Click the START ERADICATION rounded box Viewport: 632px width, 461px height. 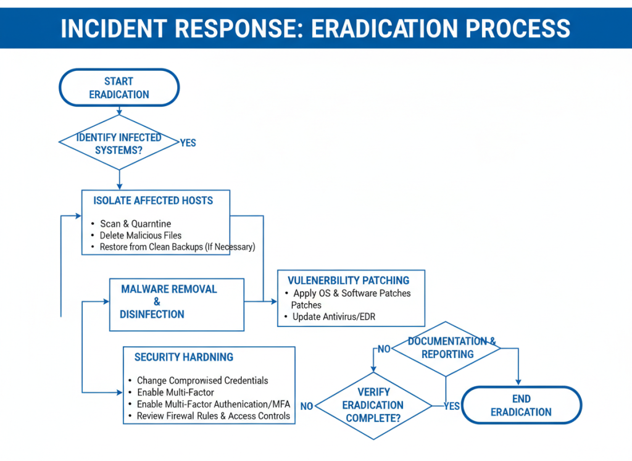(x=119, y=88)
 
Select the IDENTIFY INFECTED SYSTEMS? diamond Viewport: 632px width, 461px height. (x=119, y=143)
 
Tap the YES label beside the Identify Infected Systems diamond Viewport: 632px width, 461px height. (x=188, y=143)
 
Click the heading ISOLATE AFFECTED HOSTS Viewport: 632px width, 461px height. (x=153, y=201)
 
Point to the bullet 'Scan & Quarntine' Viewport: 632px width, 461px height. (x=135, y=223)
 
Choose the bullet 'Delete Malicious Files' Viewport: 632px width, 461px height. (x=140, y=235)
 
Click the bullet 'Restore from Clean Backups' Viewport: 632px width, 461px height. (x=177, y=247)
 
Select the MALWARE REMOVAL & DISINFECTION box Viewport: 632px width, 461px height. (x=177, y=302)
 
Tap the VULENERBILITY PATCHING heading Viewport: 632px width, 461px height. (x=348, y=281)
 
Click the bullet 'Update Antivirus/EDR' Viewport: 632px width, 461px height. (x=334, y=317)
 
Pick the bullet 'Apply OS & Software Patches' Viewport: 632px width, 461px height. (x=351, y=293)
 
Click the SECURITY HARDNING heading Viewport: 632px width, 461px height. (x=184, y=357)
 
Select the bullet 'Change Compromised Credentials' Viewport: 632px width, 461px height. (x=202, y=381)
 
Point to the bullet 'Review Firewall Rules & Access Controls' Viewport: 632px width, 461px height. (x=213, y=416)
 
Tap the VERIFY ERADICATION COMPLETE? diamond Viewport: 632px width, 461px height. (x=373, y=405)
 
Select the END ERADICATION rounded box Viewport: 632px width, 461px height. (x=522, y=405)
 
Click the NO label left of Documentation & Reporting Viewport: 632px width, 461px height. (x=384, y=349)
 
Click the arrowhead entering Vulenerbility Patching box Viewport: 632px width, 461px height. (x=274, y=302)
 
